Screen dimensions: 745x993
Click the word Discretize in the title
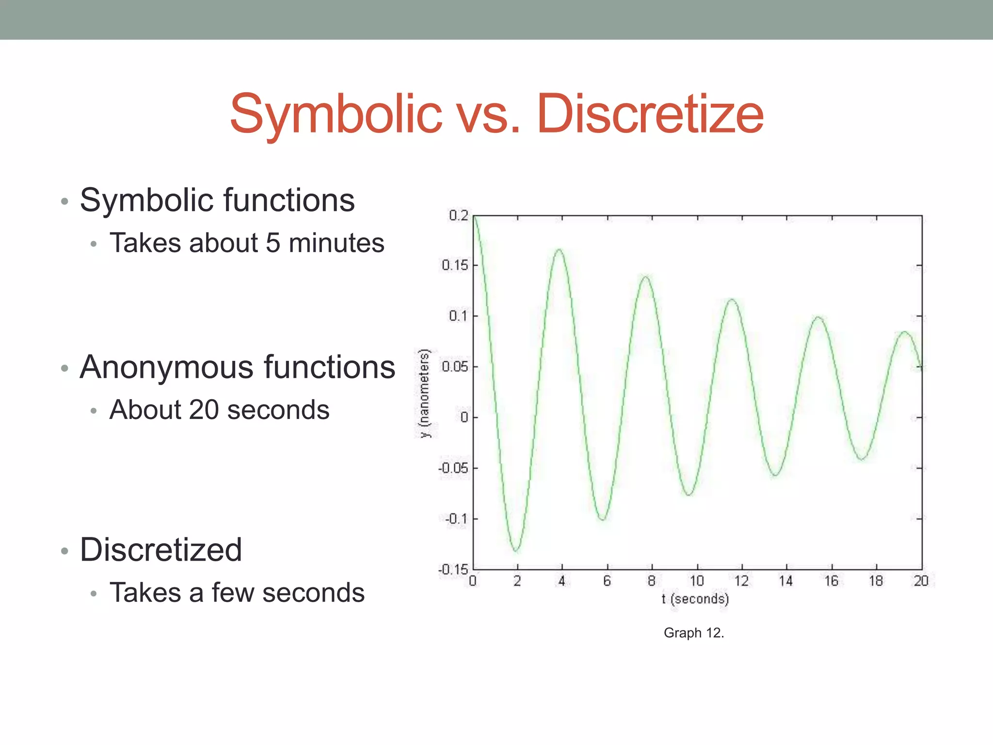click(x=650, y=114)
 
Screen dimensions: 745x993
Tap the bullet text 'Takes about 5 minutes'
click(x=246, y=243)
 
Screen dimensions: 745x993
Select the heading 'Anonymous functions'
click(x=237, y=367)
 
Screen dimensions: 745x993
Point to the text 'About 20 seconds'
click(x=219, y=410)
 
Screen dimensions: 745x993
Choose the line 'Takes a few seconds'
click(x=237, y=593)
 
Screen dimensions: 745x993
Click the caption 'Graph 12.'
click(x=693, y=632)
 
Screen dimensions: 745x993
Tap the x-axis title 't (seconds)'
click(x=695, y=599)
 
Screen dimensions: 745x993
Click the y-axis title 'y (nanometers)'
click(x=425, y=393)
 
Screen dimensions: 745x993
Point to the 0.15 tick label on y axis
click(x=455, y=265)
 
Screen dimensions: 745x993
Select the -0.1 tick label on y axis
click(x=457, y=518)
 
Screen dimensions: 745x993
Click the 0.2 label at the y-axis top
click(x=458, y=215)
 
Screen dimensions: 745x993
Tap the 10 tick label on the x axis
click(x=696, y=581)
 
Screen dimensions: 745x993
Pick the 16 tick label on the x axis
click(x=831, y=581)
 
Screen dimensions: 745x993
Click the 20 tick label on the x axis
click(x=921, y=581)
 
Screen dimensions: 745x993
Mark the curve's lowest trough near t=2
click(x=516, y=551)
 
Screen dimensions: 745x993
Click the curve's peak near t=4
click(x=559, y=250)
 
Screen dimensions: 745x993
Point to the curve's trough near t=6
click(x=603, y=519)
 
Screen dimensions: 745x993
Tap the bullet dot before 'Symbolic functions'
click(x=64, y=201)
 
